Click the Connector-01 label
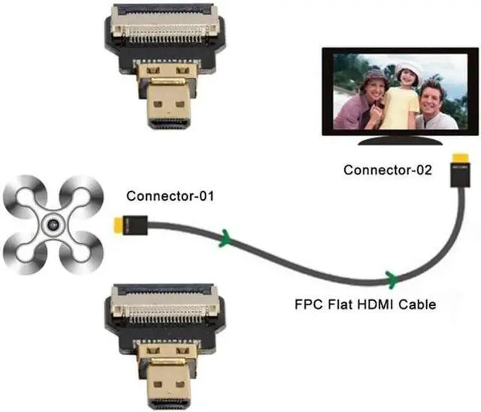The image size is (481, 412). [170, 197]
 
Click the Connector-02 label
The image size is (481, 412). [388, 170]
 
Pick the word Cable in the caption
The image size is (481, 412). [419, 305]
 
